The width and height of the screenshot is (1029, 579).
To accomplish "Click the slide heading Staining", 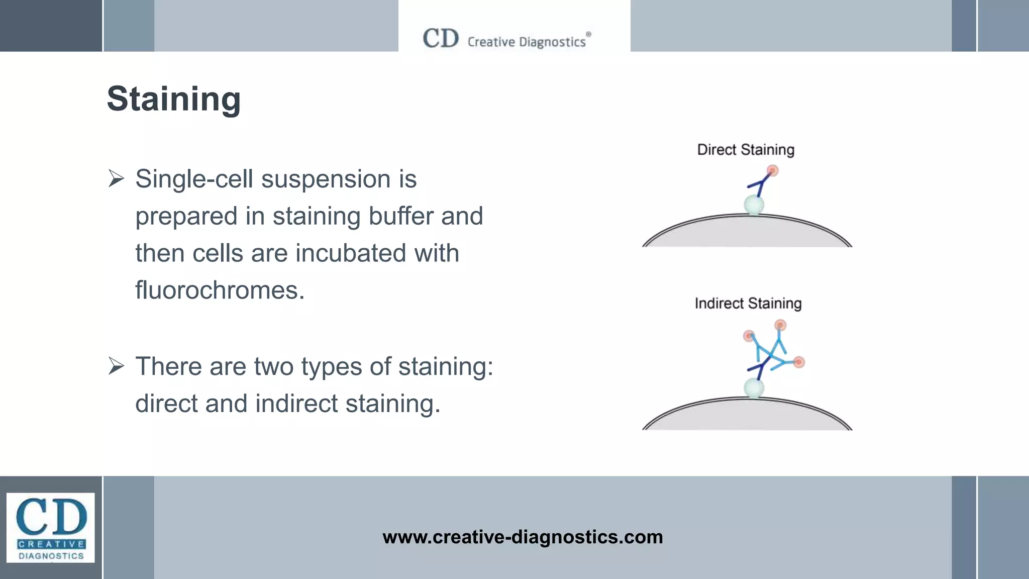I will (x=174, y=99).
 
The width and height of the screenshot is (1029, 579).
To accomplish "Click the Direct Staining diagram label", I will (x=746, y=150).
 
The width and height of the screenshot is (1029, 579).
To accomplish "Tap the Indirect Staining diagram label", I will (x=748, y=304).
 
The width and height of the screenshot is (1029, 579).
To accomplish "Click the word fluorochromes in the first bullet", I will (x=220, y=291).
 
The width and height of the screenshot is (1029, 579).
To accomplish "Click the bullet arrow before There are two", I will (x=116, y=366).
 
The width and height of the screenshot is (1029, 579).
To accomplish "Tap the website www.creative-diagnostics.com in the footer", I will (x=523, y=537).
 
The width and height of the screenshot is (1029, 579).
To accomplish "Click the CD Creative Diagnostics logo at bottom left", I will (x=51, y=527).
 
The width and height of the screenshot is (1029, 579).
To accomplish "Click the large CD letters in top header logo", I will (x=441, y=38).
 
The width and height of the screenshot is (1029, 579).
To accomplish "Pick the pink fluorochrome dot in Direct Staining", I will (x=772, y=171).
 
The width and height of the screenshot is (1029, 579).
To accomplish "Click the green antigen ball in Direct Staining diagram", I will (x=754, y=205).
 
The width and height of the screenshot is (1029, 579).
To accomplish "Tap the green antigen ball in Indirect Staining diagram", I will (x=754, y=388).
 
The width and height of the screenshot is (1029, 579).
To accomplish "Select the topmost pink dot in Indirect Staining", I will (x=780, y=325).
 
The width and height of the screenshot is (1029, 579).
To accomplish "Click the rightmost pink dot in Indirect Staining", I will (x=799, y=362).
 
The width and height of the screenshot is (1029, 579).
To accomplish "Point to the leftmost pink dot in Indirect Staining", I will (x=749, y=335).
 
